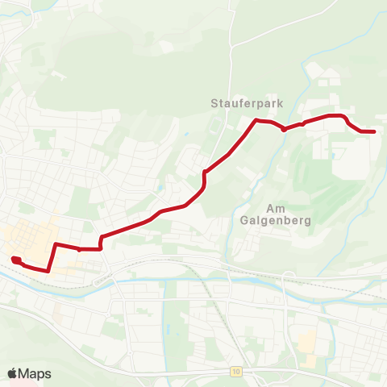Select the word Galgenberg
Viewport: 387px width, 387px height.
pos(270,218)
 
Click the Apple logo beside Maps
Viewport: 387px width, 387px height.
pos(13,373)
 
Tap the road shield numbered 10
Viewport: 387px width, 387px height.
pos(235,372)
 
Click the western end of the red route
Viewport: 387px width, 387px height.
pos(15,260)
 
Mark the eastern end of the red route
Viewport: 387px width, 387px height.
pos(373,131)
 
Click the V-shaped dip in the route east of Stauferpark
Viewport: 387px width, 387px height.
pos(283,128)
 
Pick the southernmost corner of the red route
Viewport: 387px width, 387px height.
pos(49,271)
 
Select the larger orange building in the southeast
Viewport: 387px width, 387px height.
pos(307,342)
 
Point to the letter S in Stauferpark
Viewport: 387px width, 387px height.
pos(214,103)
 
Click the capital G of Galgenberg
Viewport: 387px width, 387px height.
pos(244,218)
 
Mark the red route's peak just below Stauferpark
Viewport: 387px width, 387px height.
pos(256,120)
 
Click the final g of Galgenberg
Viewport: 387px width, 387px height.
pos(296,220)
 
